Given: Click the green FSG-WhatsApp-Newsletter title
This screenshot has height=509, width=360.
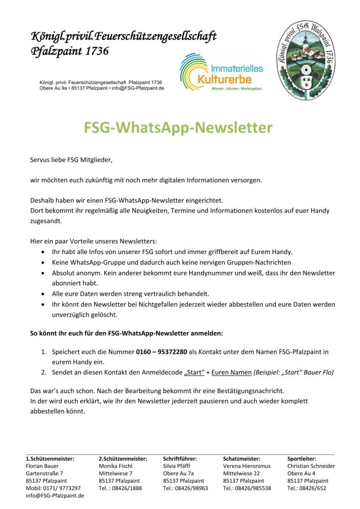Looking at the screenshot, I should (x=178, y=128).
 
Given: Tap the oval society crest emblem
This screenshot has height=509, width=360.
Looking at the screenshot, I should (x=306, y=60).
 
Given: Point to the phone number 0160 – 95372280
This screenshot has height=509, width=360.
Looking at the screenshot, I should (x=162, y=352).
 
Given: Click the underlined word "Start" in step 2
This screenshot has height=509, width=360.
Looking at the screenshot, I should (x=195, y=372).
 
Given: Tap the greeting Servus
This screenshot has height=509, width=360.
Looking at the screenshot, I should (x=41, y=160).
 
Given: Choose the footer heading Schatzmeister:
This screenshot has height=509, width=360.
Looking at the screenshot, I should (x=242, y=459).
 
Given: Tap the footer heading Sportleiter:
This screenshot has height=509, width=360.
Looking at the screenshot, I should (x=302, y=459).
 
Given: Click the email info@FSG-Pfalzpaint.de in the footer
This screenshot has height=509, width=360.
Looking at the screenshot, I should (x=55, y=496).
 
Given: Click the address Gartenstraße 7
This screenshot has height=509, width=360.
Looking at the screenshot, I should (x=45, y=474).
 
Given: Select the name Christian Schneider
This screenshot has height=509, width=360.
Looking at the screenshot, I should (x=311, y=466).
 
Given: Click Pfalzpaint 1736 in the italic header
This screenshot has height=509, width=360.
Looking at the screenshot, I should (x=70, y=51).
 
